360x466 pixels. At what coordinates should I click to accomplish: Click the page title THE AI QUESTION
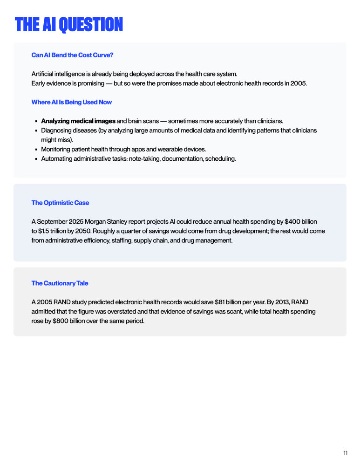[69, 25]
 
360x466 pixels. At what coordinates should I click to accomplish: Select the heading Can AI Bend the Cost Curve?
[72, 55]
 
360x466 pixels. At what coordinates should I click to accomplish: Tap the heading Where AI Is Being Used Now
[71, 102]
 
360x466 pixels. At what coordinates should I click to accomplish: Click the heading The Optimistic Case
[60, 203]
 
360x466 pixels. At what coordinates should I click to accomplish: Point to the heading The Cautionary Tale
[60, 283]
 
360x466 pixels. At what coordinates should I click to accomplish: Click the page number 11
[346, 453]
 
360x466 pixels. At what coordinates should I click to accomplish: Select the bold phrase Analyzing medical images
[78, 121]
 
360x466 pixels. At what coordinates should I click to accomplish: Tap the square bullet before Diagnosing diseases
[36, 131]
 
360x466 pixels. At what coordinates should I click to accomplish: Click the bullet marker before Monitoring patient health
[36, 150]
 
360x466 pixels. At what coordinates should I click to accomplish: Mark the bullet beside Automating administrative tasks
[36, 159]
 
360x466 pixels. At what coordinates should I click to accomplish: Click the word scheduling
[222, 159]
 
